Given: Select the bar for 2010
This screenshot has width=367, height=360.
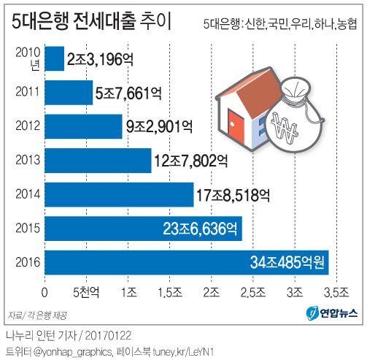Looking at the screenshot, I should (x=55, y=58).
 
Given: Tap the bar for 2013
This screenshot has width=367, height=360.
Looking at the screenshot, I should (x=98, y=160).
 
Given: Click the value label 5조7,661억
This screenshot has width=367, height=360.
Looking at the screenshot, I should (x=129, y=93).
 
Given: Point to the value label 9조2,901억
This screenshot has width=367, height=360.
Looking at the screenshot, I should (x=158, y=126).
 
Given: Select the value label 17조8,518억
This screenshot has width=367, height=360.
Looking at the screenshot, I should (x=233, y=194).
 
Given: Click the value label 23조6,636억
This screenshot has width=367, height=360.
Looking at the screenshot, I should (x=201, y=228).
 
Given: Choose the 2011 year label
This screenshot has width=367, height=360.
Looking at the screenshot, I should (x=26, y=93).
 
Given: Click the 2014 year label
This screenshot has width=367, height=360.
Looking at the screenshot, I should (x=26, y=194).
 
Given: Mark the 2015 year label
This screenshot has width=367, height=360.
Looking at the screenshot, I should (x=26, y=228).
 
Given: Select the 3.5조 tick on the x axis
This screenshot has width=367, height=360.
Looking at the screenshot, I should (x=337, y=294).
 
